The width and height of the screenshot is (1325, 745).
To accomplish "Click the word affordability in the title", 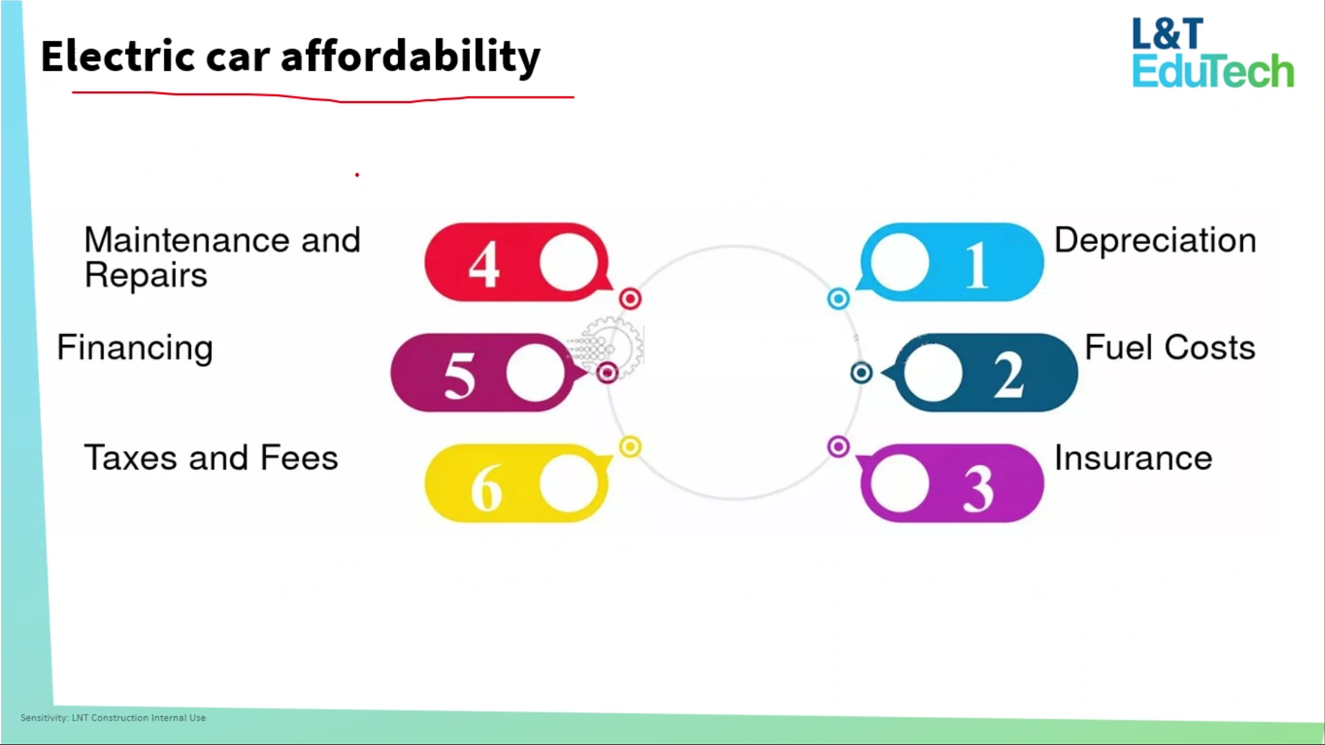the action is (x=410, y=56).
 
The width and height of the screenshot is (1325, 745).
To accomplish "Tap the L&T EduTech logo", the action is (x=1213, y=53).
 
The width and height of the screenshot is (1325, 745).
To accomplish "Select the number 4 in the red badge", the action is (x=484, y=264).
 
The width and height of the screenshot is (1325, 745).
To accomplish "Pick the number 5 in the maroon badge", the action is (x=459, y=375).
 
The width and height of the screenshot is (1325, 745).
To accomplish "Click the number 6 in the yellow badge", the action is (x=486, y=487).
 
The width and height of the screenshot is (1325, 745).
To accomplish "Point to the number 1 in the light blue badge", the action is (x=977, y=265).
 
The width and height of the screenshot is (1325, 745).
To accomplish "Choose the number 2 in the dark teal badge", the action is (x=1009, y=375).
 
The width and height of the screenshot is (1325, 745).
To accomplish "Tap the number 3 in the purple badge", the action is (x=979, y=488).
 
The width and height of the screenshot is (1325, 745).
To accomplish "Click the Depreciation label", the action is (x=1155, y=240).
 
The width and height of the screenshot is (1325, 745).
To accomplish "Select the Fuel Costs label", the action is (x=1170, y=348).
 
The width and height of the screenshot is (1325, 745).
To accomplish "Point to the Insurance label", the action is (x=1133, y=458).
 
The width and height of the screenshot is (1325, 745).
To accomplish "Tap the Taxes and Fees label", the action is (x=211, y=458).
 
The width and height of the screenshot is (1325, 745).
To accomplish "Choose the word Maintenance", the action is (x=187, y=240).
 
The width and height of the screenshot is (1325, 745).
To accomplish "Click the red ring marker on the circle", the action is (x=630, y=299).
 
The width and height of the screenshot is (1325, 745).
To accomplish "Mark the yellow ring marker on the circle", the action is (x=630, y=447).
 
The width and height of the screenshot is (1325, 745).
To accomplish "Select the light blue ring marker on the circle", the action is (x=838, y=299).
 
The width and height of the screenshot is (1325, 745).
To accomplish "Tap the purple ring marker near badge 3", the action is (x=838, y=447).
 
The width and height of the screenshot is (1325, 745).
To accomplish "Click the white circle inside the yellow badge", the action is (x=569, y=483).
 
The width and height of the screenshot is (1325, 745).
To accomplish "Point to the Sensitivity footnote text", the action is (x=113, y=718).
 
